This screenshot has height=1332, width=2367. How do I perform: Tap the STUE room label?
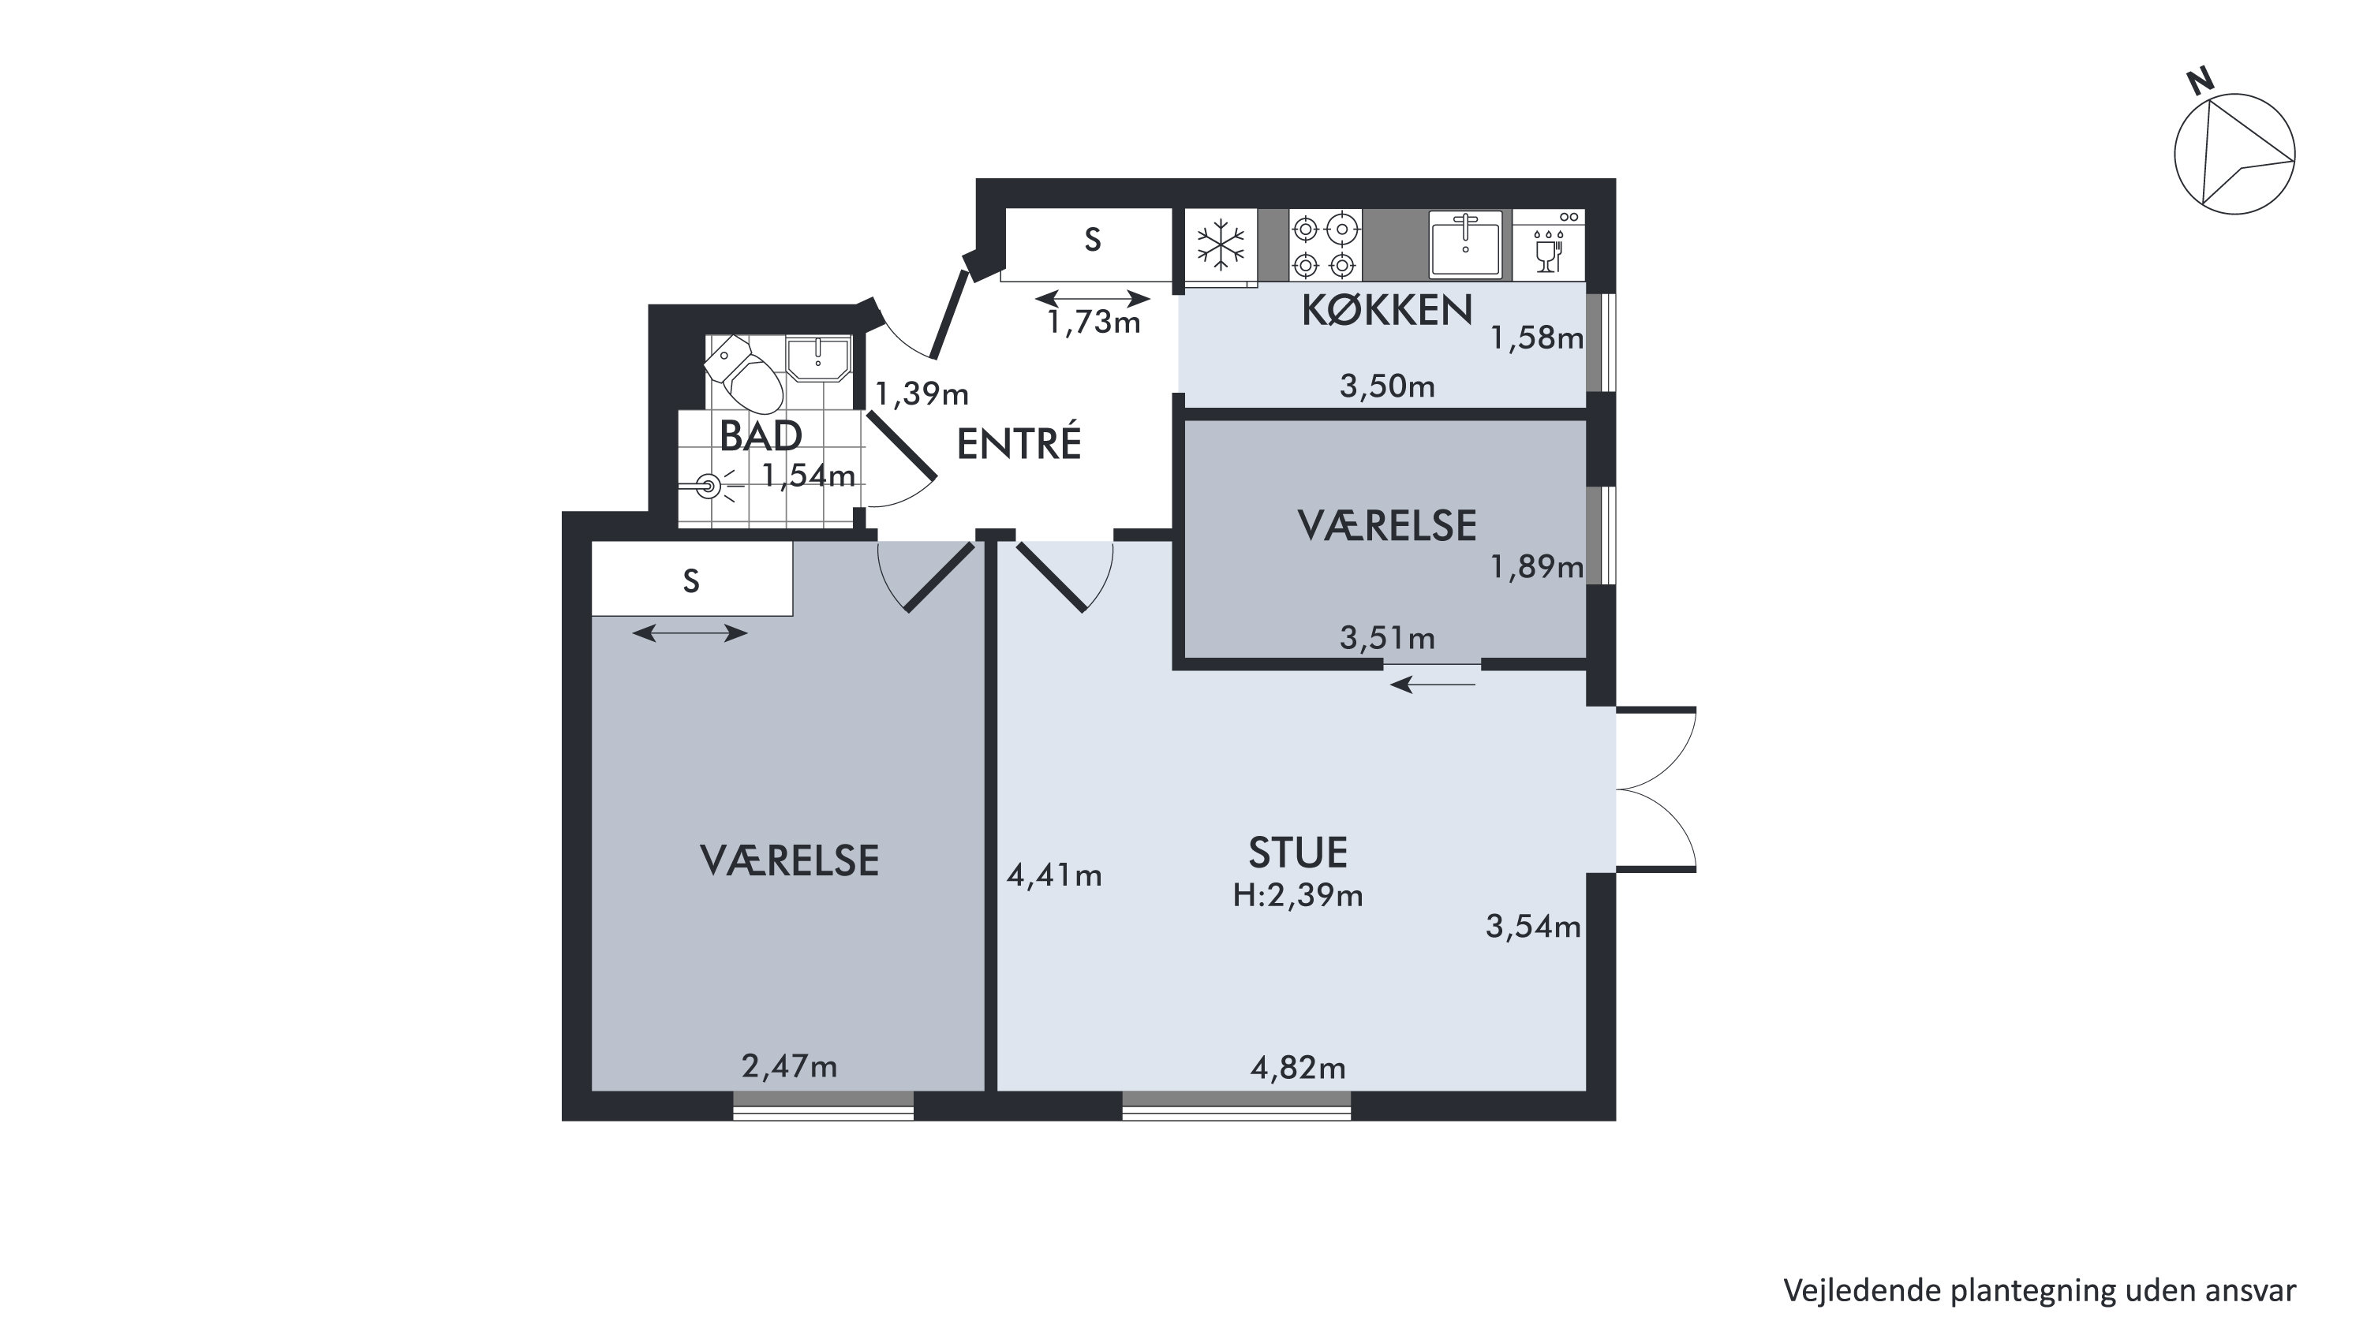coord(1297,853)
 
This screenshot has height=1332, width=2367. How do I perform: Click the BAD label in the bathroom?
coord(761,436)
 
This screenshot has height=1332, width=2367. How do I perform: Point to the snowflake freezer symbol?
coord(1221,244)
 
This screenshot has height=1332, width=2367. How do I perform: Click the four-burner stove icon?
coord(1324,244)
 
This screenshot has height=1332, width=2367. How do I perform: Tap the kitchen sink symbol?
coord(1464,244)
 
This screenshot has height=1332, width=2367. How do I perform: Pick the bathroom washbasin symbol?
coord(817,358)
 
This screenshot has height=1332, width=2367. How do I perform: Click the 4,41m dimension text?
coord(1054,875)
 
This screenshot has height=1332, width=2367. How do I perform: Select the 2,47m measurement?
coord(789,1065)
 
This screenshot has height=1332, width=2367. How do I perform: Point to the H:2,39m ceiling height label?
coord(1297,895)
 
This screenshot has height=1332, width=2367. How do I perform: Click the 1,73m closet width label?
coord(1094,322)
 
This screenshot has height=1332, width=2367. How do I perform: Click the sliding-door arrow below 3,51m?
coord(1433,685)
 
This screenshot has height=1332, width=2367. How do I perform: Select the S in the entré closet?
coord(1093,240)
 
